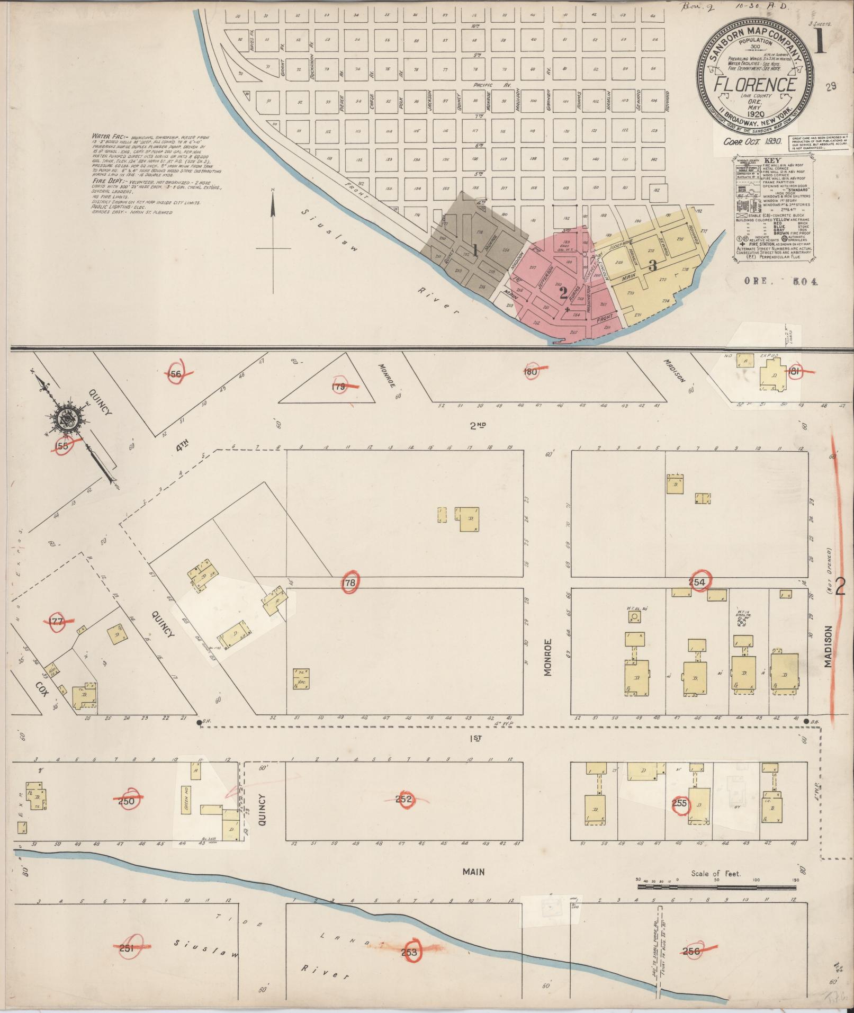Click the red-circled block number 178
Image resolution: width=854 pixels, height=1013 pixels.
pyautogui.click(x=350, y=582)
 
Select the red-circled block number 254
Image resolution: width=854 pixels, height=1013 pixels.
pyautogui.click(x=698, y=582)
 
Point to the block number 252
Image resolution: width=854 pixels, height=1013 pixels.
pyautogui.click(x=404, y=814)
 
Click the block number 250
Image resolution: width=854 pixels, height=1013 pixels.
pyautogui.click(x=127, y=816)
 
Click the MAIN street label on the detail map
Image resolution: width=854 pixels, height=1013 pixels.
pyautogui.click(x=473, y=872)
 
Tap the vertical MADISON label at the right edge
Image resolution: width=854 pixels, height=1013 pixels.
pyautogui.click(x=828, y=647)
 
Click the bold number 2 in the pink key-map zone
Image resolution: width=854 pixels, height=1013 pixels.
pyautogui.click(x=563, y=292)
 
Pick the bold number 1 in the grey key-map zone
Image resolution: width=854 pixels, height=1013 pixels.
pyautogui.click(x=475, y=250)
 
